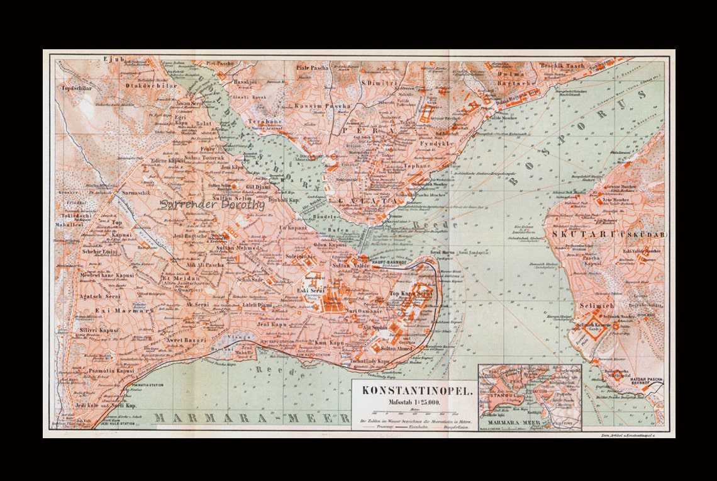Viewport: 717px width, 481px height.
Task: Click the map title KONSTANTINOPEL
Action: [x=416, y=390]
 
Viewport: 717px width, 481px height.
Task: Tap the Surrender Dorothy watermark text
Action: [x=212, y=204]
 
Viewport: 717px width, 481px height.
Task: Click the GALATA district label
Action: [x=368, y=201]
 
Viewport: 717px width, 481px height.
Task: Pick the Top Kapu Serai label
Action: [x=412, y=294]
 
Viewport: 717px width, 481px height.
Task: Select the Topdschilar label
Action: [x=77, y=88]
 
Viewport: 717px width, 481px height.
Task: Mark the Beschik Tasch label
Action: [x=562, y=65]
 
